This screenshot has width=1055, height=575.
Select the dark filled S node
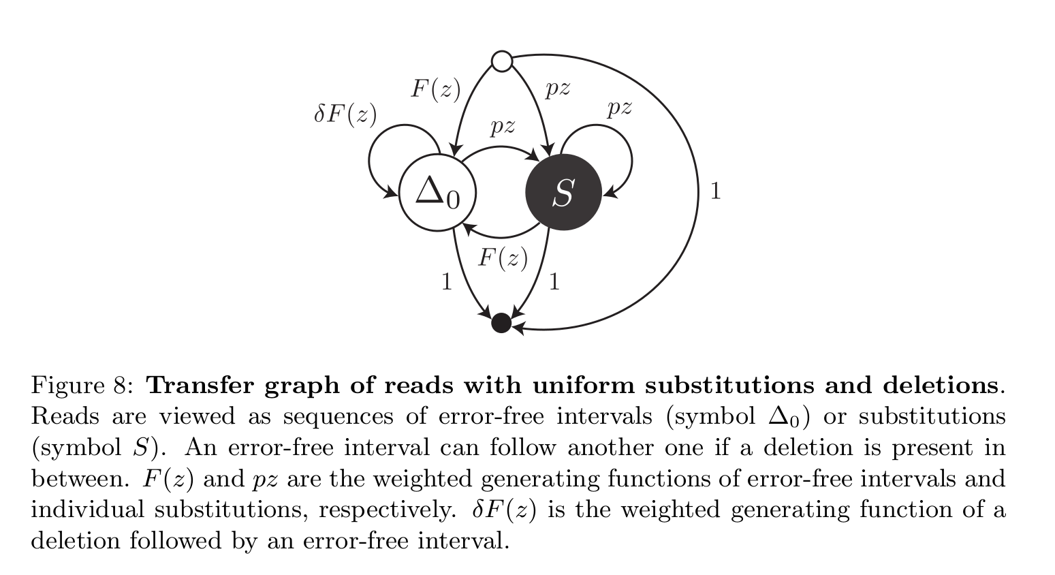[563, 192]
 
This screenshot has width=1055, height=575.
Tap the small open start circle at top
[502, 61]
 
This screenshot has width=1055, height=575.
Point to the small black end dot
[501, 323]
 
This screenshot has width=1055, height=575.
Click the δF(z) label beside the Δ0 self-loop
[345, 114]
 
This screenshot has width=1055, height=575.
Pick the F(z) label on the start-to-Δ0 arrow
[435, 89]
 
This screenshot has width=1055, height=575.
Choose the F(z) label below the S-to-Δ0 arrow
[503, 258]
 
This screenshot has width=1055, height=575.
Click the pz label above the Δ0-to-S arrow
[503, 126]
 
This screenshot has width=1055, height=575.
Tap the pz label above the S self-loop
[620, 107]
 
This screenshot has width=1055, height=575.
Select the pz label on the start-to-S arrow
[558, 88]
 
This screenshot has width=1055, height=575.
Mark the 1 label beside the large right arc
[714, 191]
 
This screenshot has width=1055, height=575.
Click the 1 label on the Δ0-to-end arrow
[447, 281]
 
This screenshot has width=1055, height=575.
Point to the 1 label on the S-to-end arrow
[554, 281]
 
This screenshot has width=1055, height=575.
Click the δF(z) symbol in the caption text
[504, 510]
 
